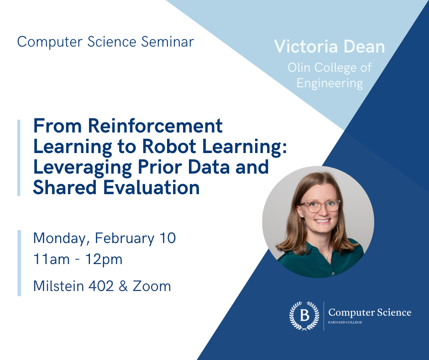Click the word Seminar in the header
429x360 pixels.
[167, 42]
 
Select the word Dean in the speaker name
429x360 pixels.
[364, 47]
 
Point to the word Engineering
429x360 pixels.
[330, 83]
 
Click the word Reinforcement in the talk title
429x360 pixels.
[155, 126]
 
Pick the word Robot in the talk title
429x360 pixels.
[169, 146]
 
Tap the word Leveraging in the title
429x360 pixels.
[82, 167]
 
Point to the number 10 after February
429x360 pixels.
[167, 238]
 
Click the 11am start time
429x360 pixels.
[51, 259]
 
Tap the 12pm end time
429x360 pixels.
[104, 259]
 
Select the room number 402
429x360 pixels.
[101, 286]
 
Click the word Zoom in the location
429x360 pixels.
[152, 286]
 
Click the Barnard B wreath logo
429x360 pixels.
[304, 316]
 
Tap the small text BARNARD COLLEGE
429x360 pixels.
[345, 322]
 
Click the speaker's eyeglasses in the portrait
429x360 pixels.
[320, 206]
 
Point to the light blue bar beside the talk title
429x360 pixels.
[19, 158]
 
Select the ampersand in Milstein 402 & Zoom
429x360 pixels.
[123, 286]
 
